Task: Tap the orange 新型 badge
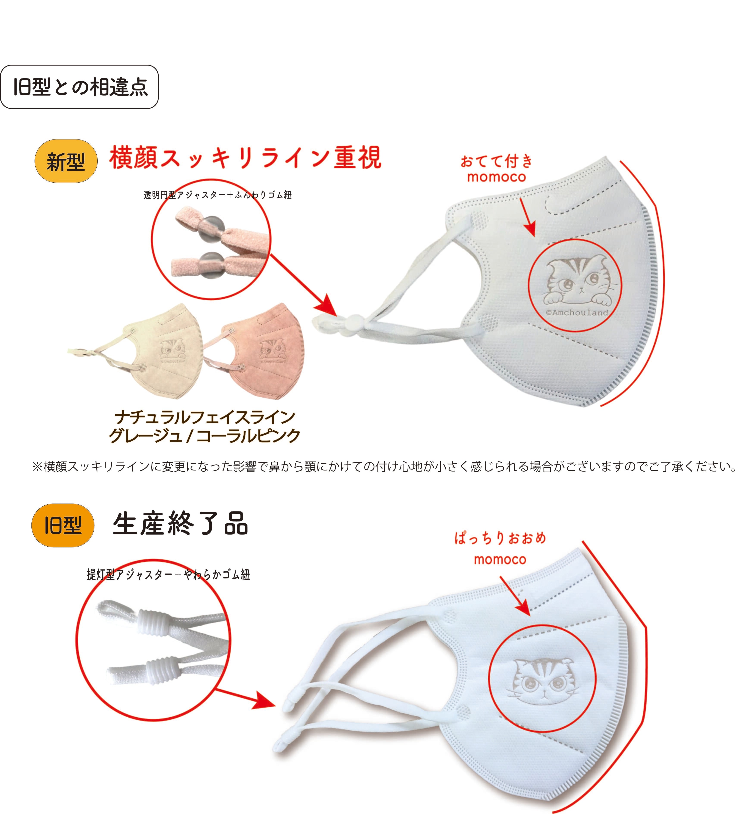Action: (x=66, y=161)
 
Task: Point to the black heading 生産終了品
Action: (x=180, y=524)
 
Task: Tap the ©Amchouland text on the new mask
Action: (x=577, y=313)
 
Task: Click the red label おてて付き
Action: (x=496, y=162)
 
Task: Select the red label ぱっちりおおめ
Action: (x=500, y=538)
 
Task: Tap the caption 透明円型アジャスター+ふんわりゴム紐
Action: (x=218, y=195)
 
